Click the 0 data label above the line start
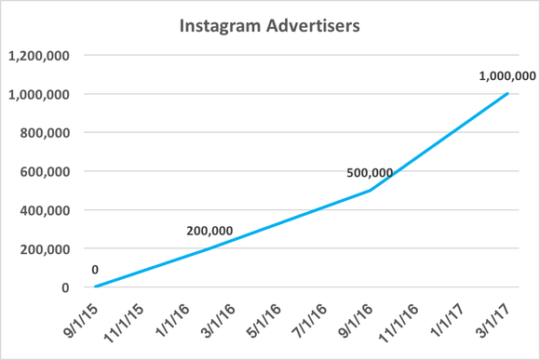click(95, 270)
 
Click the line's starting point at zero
click(96, 287)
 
